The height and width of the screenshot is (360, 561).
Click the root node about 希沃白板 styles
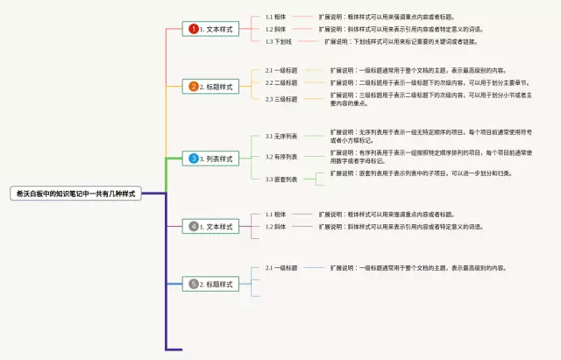click(76, 193)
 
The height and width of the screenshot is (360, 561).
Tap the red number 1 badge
click(194, 29)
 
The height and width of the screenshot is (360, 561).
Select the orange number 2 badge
click(194, 86)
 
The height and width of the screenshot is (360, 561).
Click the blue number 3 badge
click(194, 159)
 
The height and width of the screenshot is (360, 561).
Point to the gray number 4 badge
click(194, 226)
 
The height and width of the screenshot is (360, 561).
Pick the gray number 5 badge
click(194, 284)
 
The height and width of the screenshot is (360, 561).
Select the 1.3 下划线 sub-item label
click(280, 41)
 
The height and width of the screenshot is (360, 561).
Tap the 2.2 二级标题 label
click(281, 82)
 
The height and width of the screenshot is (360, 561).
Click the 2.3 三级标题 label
click(281, 99)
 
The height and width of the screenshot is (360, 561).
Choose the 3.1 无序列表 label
click(281, 137)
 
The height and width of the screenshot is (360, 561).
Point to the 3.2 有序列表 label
click(281, 157)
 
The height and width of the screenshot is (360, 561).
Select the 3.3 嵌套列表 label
click(281, 179)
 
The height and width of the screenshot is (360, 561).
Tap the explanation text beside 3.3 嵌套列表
click(421, 173)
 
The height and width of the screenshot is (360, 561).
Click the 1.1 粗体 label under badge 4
click(275, 214)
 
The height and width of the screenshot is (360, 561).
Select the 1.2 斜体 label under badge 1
click(275, 29)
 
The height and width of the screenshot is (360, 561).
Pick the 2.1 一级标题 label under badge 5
click(281, 267)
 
